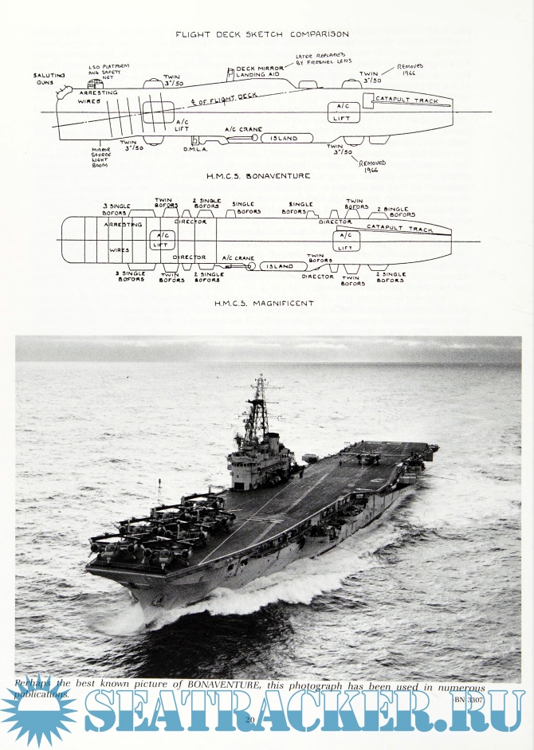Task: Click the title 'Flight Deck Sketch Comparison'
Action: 261,34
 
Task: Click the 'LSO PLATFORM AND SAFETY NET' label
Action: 109,69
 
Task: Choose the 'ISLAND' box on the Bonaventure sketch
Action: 283,138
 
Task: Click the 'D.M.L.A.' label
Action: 194,149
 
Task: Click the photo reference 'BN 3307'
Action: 472,698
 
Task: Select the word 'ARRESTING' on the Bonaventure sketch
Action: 98,93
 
